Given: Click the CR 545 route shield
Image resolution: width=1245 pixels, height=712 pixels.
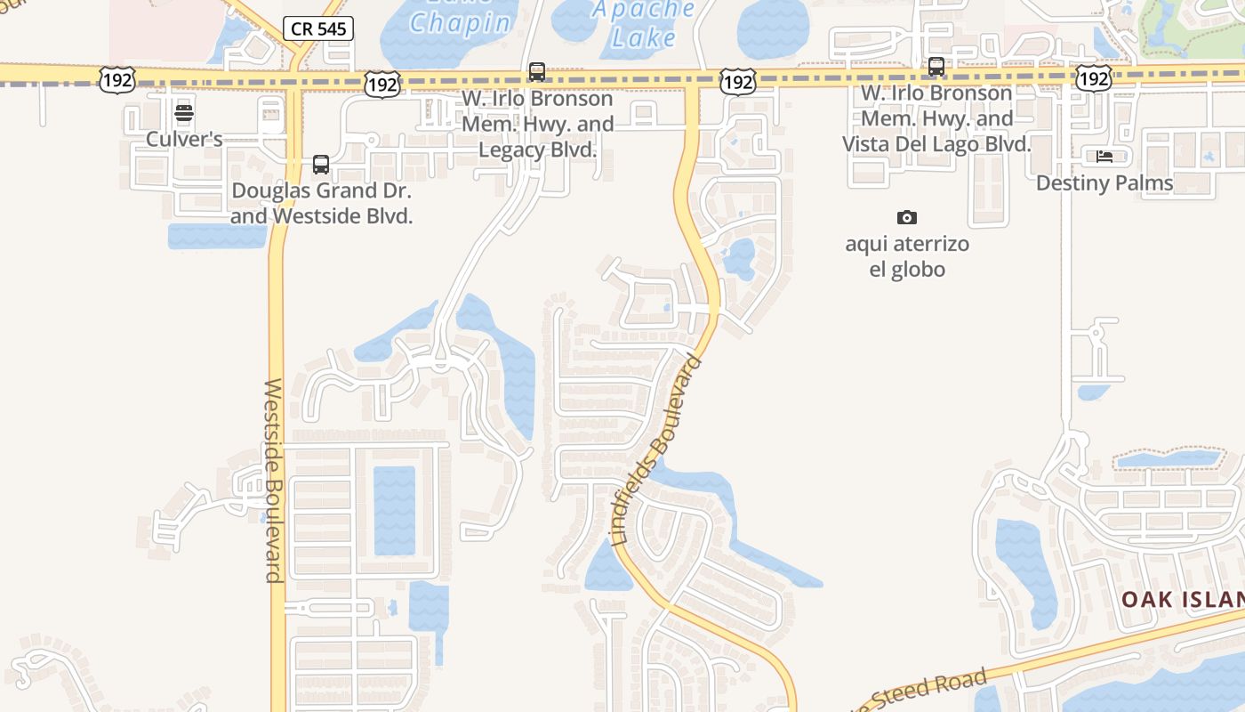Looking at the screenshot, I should (x=319, y=28).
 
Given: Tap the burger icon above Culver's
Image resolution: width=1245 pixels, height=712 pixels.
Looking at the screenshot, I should (x=184, y=113).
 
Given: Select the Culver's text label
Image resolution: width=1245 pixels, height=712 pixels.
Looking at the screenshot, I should (x=184, y=139).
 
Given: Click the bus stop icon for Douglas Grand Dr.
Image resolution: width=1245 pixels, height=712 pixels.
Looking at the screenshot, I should (x=320, y=165).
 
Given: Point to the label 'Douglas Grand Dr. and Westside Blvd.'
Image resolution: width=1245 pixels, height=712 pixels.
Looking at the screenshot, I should (x=322, y=203).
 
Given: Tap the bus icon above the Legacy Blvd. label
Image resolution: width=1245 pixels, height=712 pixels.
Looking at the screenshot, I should (x=536, y=72).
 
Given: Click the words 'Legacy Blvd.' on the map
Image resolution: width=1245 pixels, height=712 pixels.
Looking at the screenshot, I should (x=537, y=150).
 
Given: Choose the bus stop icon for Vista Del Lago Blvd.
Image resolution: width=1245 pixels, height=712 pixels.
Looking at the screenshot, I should (x=936, y=67).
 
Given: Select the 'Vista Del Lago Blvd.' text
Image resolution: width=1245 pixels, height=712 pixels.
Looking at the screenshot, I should (x=936, y=144).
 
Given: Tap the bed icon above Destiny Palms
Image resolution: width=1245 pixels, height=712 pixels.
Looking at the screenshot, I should (x=1104, y=157).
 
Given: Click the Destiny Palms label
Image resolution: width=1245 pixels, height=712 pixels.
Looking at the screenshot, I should (x=1104, y=183).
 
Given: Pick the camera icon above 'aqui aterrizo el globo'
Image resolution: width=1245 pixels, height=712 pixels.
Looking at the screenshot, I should (x=906, y=217).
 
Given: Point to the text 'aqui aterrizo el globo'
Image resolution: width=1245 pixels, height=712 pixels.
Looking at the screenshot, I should (x=907, y=256).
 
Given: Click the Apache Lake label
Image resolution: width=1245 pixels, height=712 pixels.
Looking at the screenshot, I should (x=644, y=24).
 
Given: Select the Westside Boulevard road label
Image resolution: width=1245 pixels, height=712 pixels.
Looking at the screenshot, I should (x=273, y=481).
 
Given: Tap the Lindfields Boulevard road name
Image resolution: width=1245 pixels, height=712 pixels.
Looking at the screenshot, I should (x=657, y=450).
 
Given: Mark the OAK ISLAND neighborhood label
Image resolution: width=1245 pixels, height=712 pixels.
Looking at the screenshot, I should (x=1182, y=599).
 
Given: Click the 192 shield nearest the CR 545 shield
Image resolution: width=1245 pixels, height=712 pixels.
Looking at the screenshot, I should (x=382, y=85).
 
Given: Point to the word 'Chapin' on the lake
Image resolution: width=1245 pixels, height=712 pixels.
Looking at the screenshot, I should (x=460, y=23).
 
